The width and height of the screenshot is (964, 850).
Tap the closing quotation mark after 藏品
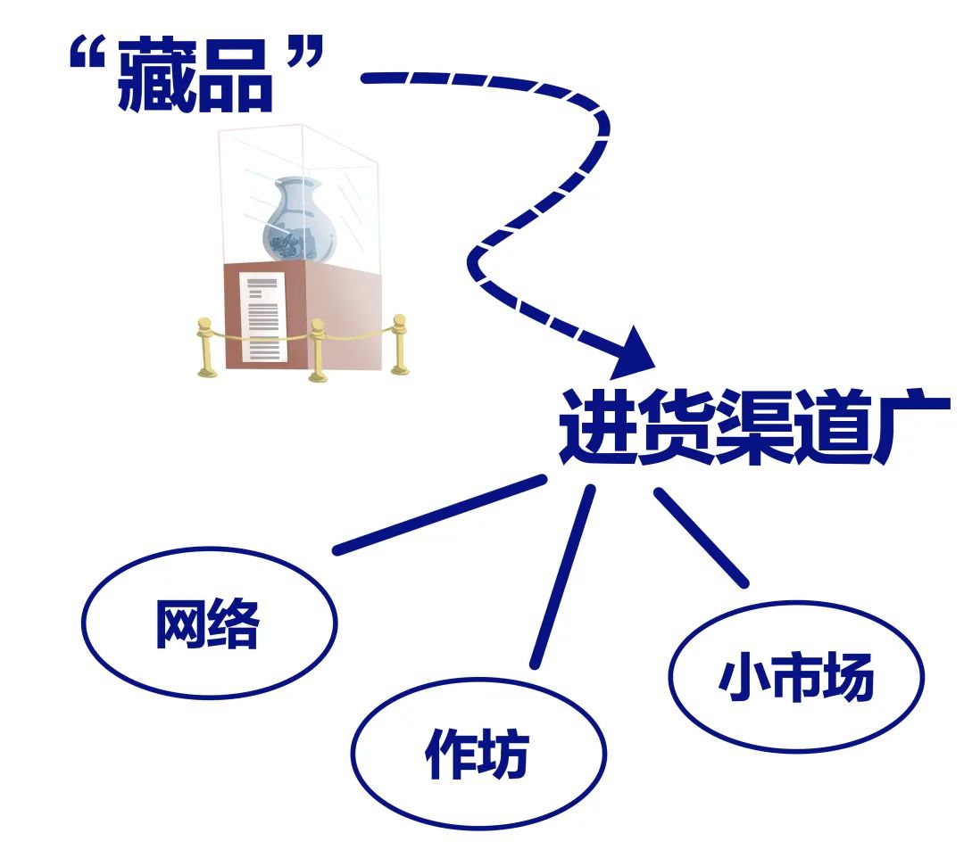click(x=303, y=56)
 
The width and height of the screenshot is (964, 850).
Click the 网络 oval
click(x=208, y=622)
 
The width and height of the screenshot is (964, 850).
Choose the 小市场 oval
click(x=795, y=678)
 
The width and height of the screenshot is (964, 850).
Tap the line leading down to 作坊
click(x=562, y=575)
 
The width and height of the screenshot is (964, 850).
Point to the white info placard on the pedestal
click(x=264, y=317)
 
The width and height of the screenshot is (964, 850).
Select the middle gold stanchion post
click(x=317, y=350)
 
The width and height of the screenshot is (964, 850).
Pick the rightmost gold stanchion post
click(x=399, y=343)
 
